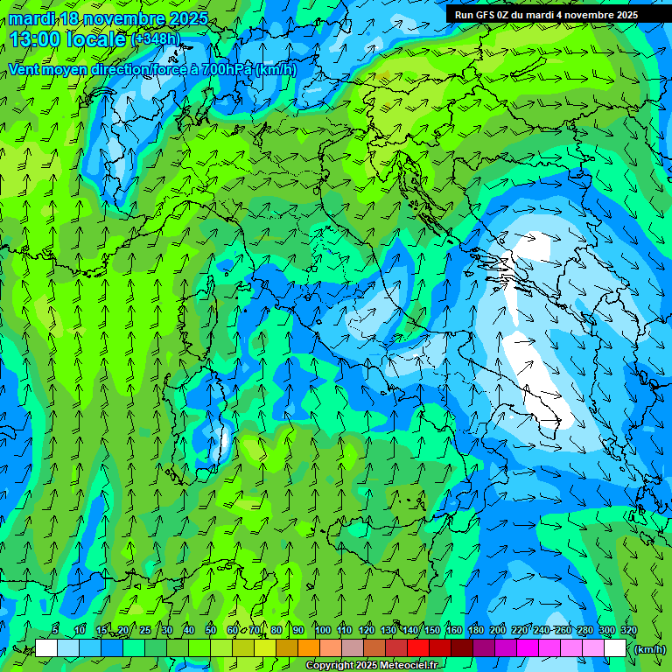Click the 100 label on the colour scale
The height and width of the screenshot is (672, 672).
tap(323, 631)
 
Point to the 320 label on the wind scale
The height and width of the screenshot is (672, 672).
tap(628, 631)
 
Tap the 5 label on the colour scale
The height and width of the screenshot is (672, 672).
tap(55, 631)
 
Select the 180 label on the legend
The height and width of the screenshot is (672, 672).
tap(476, 631)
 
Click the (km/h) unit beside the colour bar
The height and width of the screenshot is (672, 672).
tap(650, 649)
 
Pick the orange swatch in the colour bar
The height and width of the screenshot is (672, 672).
tap(309, 648)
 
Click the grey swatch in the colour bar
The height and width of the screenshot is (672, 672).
tap(353, 648)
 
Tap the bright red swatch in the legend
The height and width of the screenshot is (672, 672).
tap(418, 648)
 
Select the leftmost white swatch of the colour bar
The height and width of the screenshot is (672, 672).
tap(46, 648)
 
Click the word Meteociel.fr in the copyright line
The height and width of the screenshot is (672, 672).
tap(412, 666)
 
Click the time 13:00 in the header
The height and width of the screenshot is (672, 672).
tap(38, 38)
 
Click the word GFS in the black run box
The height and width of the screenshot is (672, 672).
tap(485, 15)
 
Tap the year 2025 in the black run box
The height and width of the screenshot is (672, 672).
tap(625, 15)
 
